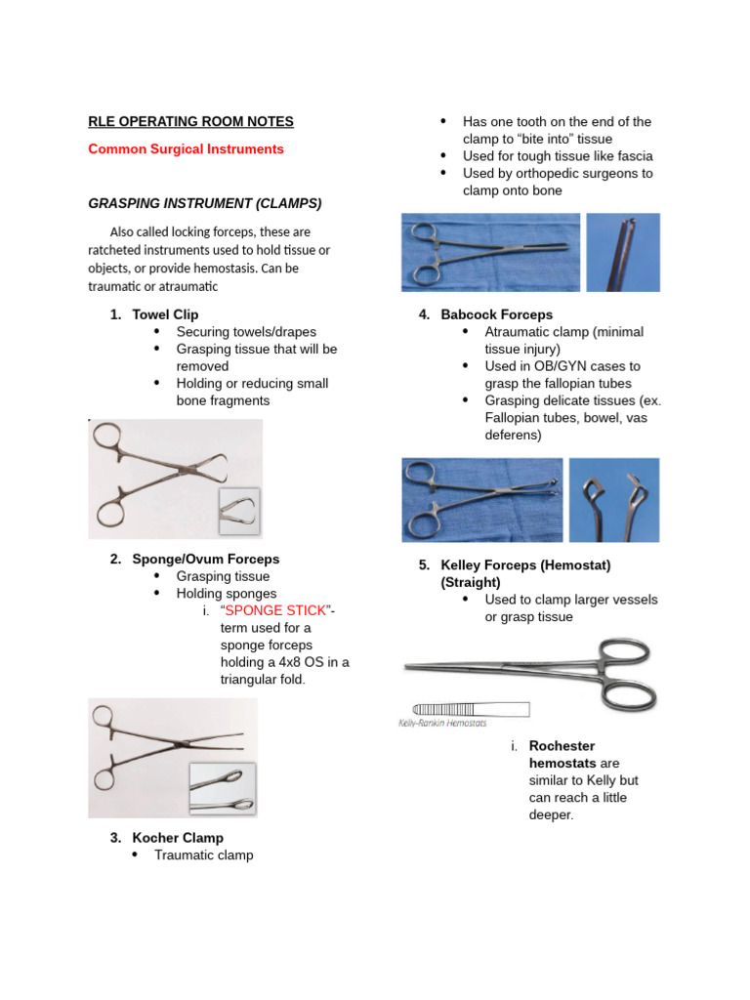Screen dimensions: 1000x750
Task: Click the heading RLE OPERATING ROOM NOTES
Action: pyautogui.click(x=190, y=122)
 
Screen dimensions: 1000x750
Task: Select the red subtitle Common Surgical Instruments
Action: pyautogui.click(x=186, y=149)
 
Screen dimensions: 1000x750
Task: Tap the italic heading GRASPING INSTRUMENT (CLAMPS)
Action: pyautogui.click(x=205, y=203)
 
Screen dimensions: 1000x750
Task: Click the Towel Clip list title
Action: pyautogui.click(x=165, y=314)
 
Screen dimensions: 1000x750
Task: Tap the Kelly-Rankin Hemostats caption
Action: pyautogui.click(x=442, y=723)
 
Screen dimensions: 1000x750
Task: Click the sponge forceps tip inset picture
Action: pyautogui.click(x=222, y=789)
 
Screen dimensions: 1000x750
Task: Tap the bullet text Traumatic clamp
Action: pyautogui.click(x=203, y=855)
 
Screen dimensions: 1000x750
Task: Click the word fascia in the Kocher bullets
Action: pyautogui.click(x=634, y=156)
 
